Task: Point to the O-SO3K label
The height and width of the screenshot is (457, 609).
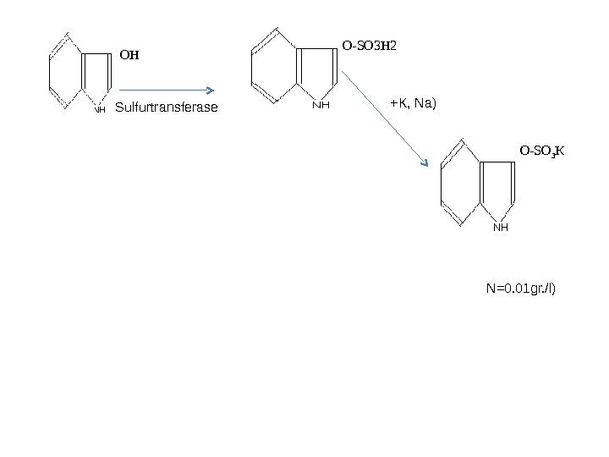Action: (x=542, y=151)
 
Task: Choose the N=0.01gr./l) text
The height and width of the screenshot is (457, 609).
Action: (x=524, y=289)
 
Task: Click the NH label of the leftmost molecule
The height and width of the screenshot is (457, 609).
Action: (x=100, y=109)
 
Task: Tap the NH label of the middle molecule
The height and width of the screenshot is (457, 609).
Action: (x=320, y=106)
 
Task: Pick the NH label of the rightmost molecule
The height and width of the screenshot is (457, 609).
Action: (x=501, y=227)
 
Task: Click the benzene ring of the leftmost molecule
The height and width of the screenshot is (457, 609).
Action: (x=66, y=71)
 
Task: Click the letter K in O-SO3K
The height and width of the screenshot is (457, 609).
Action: (x=560, y=151)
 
